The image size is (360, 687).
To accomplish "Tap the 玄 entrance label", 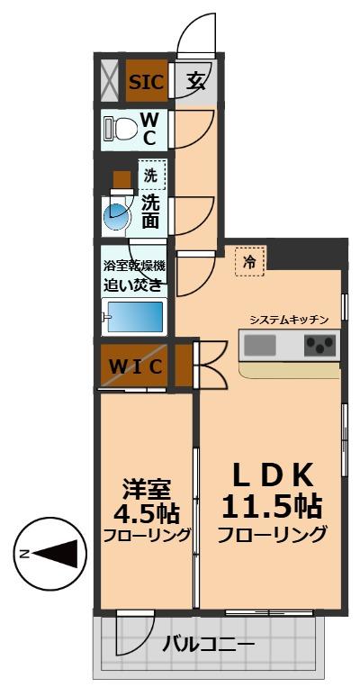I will pyautogui.click(x=194, y=82).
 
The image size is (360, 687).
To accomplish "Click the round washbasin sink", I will pyautogui.click(x=115, y=215).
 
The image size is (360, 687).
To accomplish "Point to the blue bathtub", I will pyautogui.click(x=134, y=317).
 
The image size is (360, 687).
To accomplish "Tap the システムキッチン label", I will pyautogui.click(x=288, y=320).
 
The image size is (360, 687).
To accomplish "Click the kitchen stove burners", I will pyautogui.click(x=319, y=344).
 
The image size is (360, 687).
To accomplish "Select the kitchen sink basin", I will pyautogui.click(x=261, y=344).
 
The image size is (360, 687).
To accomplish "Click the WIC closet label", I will pyautogui.click(x=136, y=366).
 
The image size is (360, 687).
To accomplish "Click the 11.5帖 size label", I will pyautogui.click(x=271, y=505).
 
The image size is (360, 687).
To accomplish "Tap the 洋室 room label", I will pyautogui.click(x=145, y=489).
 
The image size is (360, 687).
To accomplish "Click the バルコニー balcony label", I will pyautogui.click(x=208, y=645).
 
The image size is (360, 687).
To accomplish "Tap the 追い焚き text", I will pyautogui.click(x=133, y=285).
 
